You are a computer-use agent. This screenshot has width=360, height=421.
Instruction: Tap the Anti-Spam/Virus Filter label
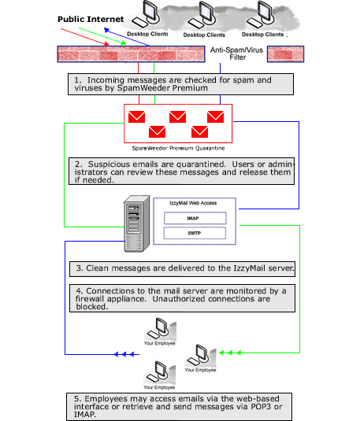pos(236,54)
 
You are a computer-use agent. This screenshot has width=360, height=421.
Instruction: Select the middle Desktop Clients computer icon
pos(204,16)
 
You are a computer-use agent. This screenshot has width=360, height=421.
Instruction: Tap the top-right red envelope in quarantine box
pos(214,117)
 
